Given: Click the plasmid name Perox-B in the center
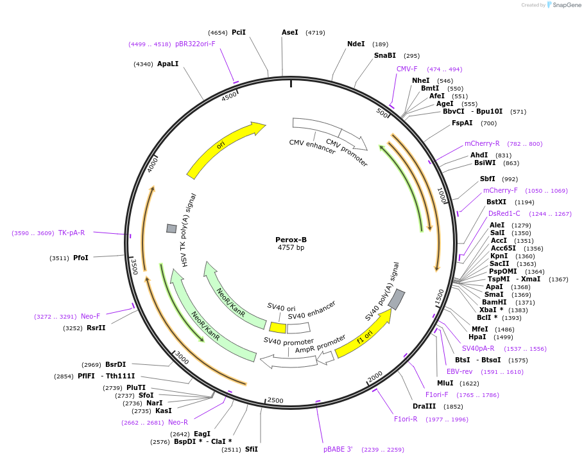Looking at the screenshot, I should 291,240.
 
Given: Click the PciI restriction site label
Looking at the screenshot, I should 239,32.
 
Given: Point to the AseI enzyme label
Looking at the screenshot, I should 290,32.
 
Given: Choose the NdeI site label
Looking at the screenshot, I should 356,44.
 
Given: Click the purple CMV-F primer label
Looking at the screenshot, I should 407,69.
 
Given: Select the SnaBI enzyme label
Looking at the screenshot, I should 385,56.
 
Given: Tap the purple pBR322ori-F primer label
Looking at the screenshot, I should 195,44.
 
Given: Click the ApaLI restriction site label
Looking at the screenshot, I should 167,64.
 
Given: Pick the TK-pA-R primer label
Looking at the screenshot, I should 71,233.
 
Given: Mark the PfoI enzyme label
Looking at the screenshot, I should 81,258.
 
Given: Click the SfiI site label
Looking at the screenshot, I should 251,449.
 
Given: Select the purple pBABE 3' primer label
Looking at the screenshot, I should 338,450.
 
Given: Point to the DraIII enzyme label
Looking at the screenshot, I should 424,406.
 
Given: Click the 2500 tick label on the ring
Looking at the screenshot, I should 275,400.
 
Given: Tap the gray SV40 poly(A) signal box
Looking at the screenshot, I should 397,299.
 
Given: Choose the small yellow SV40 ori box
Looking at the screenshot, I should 278,328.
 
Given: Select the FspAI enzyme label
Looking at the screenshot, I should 462,123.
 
